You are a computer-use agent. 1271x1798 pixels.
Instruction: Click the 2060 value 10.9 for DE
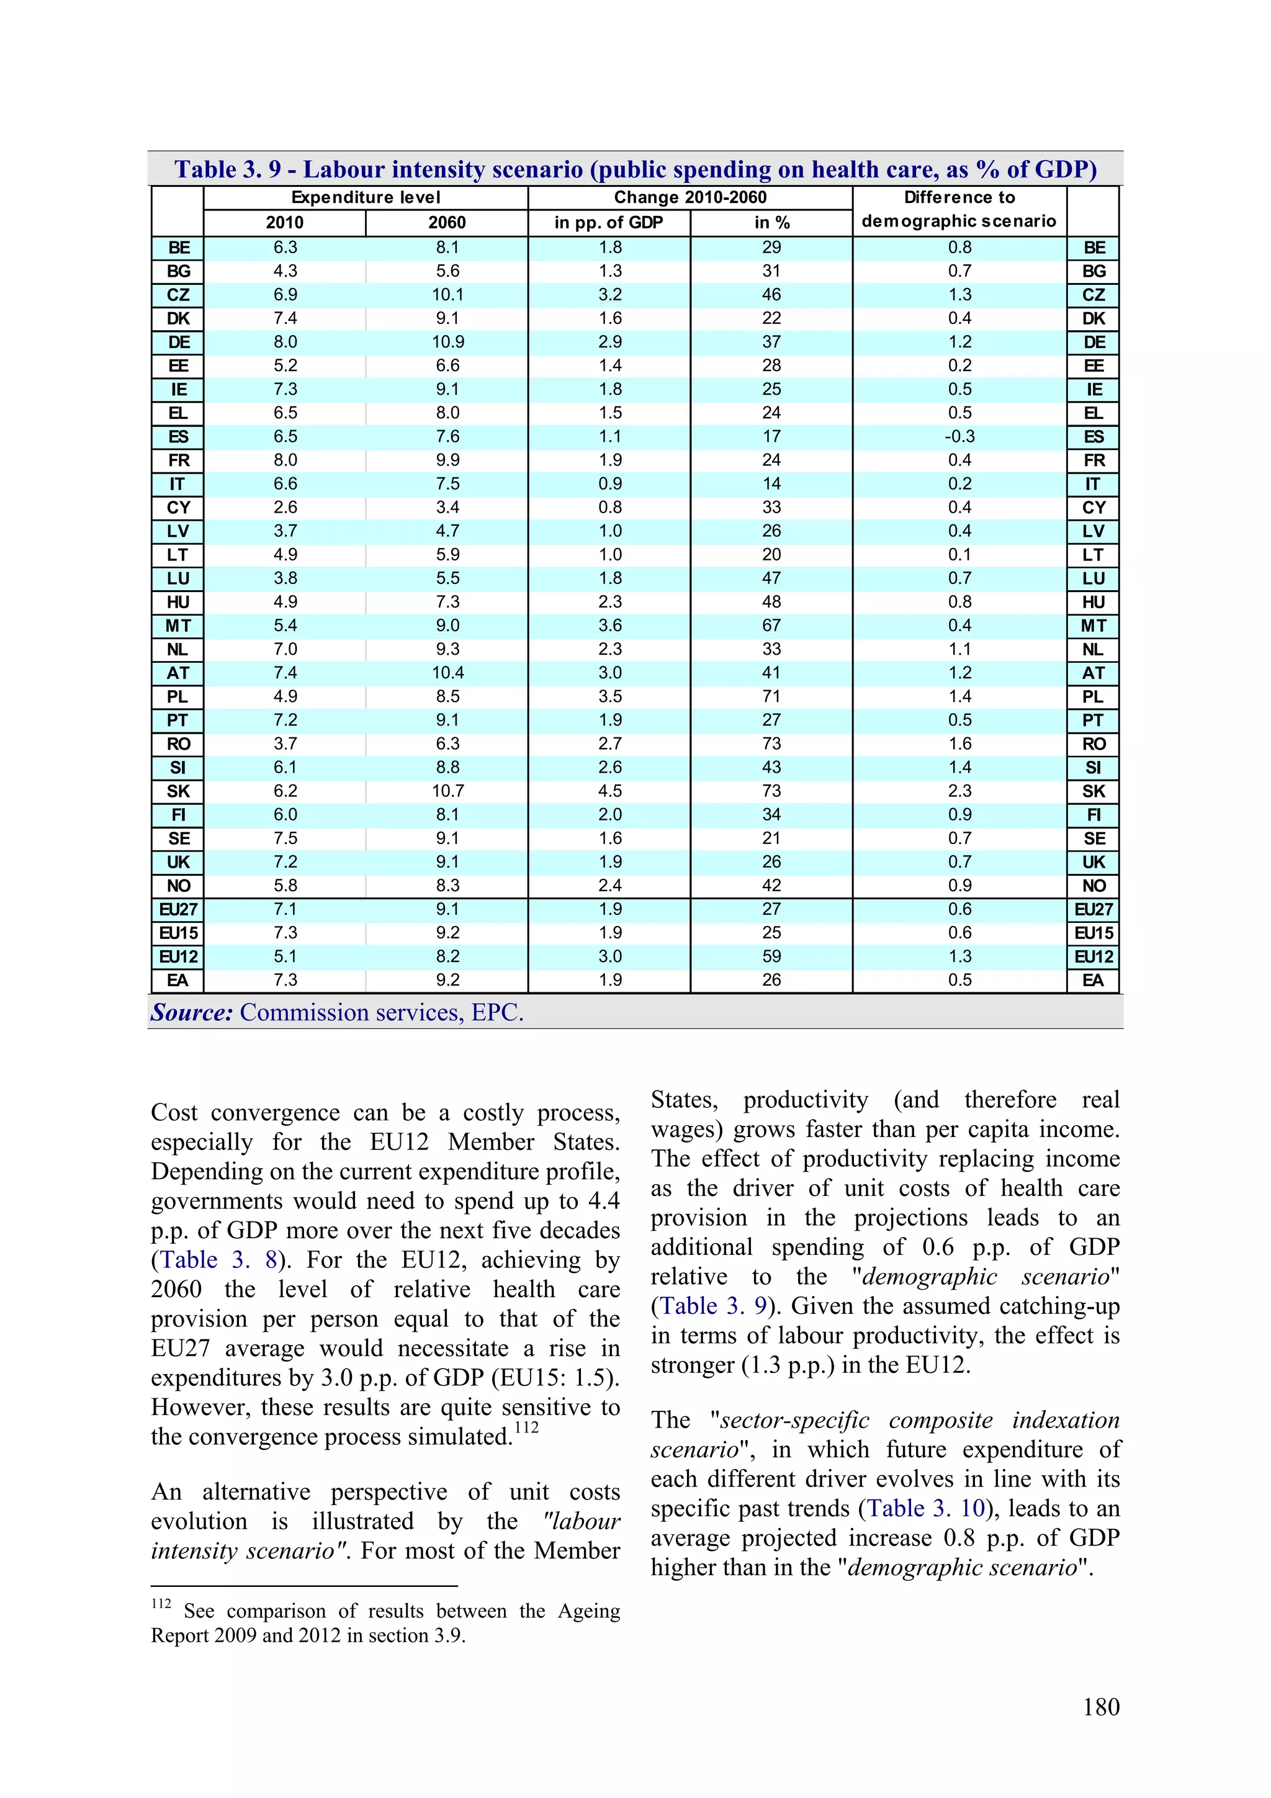[447, 342]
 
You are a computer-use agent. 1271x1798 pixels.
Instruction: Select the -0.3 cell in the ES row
[959, 437]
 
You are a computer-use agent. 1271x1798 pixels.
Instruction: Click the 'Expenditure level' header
[366, 197]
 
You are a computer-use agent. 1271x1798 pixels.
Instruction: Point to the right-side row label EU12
[1094, 957]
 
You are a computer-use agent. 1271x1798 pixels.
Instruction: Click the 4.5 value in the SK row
[610, 791]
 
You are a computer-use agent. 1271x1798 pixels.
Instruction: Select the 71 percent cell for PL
[771, 697]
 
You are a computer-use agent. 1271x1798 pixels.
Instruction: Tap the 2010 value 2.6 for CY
[285, 508]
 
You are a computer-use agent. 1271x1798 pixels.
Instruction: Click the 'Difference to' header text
[959, 197]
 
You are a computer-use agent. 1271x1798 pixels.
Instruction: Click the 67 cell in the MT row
[771, 626]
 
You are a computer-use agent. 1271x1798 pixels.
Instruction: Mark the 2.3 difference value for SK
[959, 791]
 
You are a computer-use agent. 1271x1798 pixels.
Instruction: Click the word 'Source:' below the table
[192, 1012]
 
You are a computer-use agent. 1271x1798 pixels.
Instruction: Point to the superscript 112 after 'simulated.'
[526, 1427]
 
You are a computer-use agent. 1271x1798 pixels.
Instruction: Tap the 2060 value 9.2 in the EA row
[447, 981]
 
